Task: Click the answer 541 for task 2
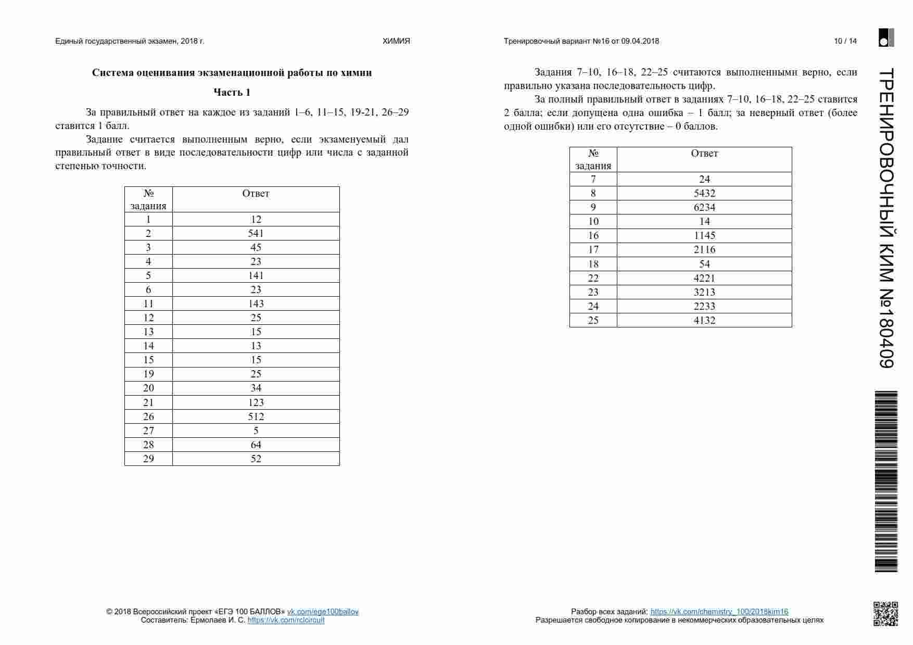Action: [256, 233]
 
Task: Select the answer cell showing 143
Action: [256, 303]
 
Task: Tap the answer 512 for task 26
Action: [256, 416]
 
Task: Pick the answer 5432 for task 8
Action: [704, 193]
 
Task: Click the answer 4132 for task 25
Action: [704, 320]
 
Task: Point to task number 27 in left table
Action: [148, 431]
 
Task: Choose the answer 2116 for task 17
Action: [704, 249]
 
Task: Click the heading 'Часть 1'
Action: [232, 92]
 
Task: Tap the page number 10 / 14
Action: [845, 41]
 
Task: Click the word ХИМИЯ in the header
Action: [396, 41]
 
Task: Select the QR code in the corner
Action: [885, 614]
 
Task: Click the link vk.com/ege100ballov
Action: [323, 612]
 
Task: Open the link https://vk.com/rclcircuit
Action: [286, 620]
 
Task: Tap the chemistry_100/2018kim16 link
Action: [719, 612]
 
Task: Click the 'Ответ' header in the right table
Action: [704, 153]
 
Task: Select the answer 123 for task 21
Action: [256, 402]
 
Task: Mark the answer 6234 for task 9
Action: [704, 207]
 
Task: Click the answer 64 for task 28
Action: [256, 445]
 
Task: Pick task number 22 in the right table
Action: [593, 278]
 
